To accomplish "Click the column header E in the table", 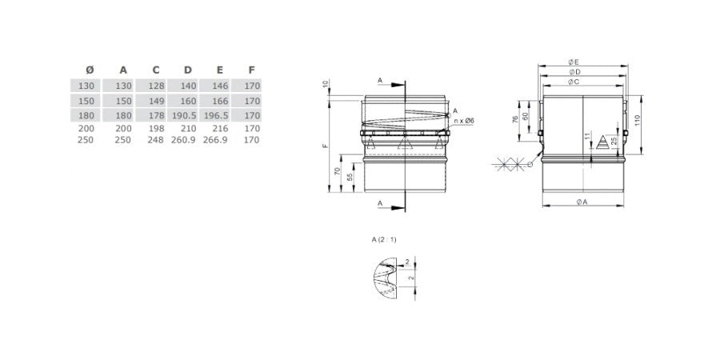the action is (x=219, y=70).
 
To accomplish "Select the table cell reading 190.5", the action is (x=184, y=115).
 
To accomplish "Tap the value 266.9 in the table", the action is (x=215, y=140).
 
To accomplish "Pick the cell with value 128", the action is (x=156, y=86).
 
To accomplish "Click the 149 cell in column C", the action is (x=156, y=101).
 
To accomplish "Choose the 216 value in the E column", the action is (x=221, y=129).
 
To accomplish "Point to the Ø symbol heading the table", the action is (x=90, y=70).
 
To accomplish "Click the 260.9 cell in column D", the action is (x=184, y=140).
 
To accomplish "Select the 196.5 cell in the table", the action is (x=216, y=115).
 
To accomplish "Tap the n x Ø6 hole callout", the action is (x=463, y=120).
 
